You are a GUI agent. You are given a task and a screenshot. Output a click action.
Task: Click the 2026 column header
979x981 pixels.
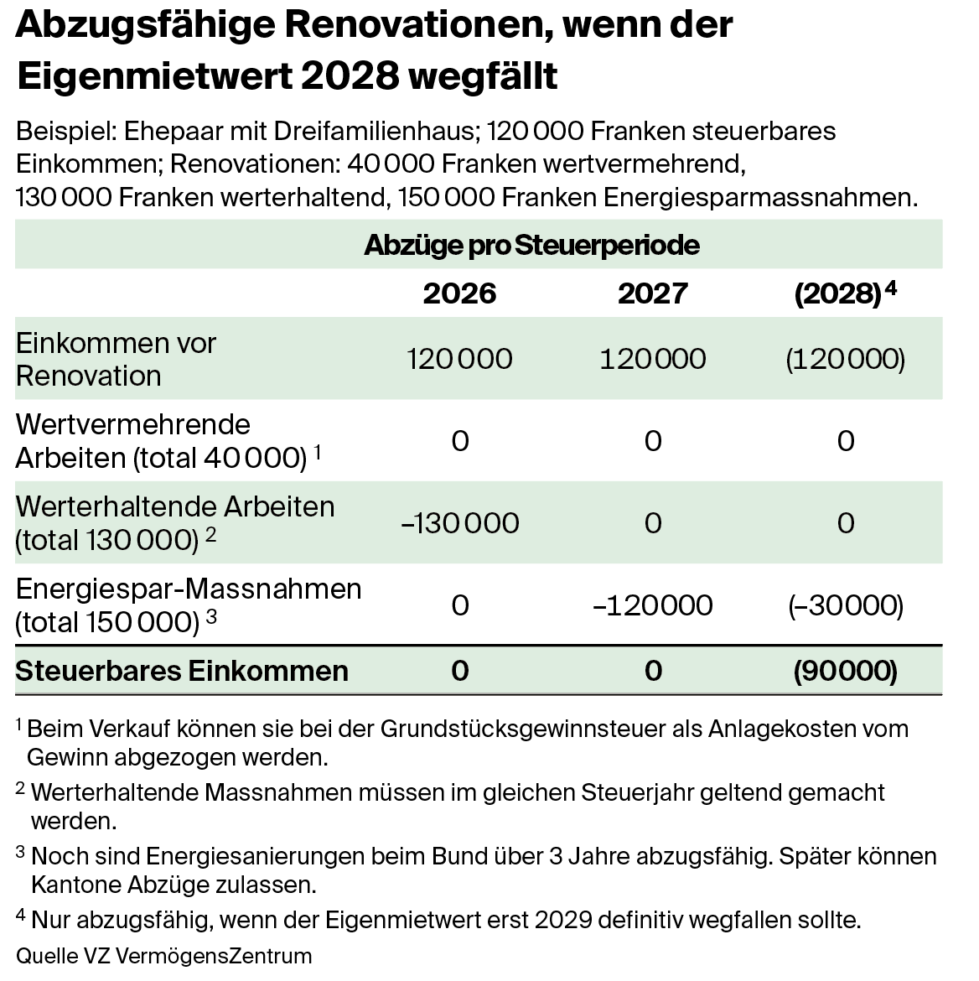pos(459,293)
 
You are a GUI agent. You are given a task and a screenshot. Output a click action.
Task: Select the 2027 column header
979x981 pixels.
pos(653,293)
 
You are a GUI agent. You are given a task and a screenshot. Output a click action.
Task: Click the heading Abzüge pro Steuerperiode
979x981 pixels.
pos(531,245)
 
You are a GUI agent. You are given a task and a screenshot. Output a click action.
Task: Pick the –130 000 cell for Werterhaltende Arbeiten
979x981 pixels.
pos(460,523)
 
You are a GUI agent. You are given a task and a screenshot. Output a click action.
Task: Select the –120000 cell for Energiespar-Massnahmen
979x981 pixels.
pos(653,605)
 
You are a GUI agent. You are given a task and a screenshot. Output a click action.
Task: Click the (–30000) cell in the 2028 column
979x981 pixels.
pos(845,605)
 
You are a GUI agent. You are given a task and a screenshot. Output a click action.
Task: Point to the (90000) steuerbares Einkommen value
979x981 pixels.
pos(845,671)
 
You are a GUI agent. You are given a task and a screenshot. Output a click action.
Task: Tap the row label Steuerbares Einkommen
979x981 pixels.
pos(182,671)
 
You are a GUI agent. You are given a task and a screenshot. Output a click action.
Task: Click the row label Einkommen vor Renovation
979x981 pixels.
pos(116,359)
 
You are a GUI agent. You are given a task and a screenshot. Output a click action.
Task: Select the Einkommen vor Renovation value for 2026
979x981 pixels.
pos(459,359)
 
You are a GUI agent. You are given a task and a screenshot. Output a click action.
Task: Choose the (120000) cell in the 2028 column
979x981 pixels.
pos(845,359)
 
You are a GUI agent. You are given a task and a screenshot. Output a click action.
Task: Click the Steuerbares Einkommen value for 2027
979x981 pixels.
pos(653,671)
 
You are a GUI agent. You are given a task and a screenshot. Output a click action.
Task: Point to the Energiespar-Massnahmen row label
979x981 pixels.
pos(189,605)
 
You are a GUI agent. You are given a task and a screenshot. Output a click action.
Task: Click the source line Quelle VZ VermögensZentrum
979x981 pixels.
pos(164,956)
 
